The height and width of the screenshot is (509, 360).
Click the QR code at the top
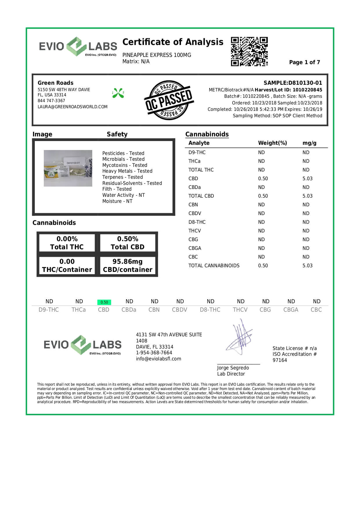(x=249, y=51)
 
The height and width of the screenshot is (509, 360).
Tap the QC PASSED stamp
(x=169, y=100)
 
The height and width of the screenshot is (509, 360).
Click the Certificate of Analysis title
(x=173, y=42)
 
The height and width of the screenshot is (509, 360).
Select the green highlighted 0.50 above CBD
(x=104, y=302)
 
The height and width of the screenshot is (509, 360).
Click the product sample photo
(x=68, y=168)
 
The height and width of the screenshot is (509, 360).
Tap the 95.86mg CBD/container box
(x=128, y=266)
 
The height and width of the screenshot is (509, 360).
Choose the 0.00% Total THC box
(x=67, y=243)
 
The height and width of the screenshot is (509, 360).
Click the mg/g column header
(x=309, y=143)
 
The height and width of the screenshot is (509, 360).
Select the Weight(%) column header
(x=272, y=143)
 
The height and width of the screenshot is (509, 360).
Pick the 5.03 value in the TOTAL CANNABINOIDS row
(x=307, y=266)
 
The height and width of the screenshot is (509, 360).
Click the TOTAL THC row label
(x=201, y=170)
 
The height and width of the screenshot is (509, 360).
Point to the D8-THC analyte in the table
(x=197, y=222)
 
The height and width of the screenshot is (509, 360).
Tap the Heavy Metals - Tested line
(x=127, y=171)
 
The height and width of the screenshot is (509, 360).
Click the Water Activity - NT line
(x=123, y=195)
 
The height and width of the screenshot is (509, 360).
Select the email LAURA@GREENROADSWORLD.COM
(x=73, y=107)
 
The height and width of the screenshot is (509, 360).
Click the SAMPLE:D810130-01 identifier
(x=293, y=83)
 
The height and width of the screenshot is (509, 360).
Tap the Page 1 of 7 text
(x=304, y=62)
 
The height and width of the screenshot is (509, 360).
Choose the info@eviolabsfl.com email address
(x=158, y=359)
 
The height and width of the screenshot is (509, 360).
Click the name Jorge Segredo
(x=233, y=368)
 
